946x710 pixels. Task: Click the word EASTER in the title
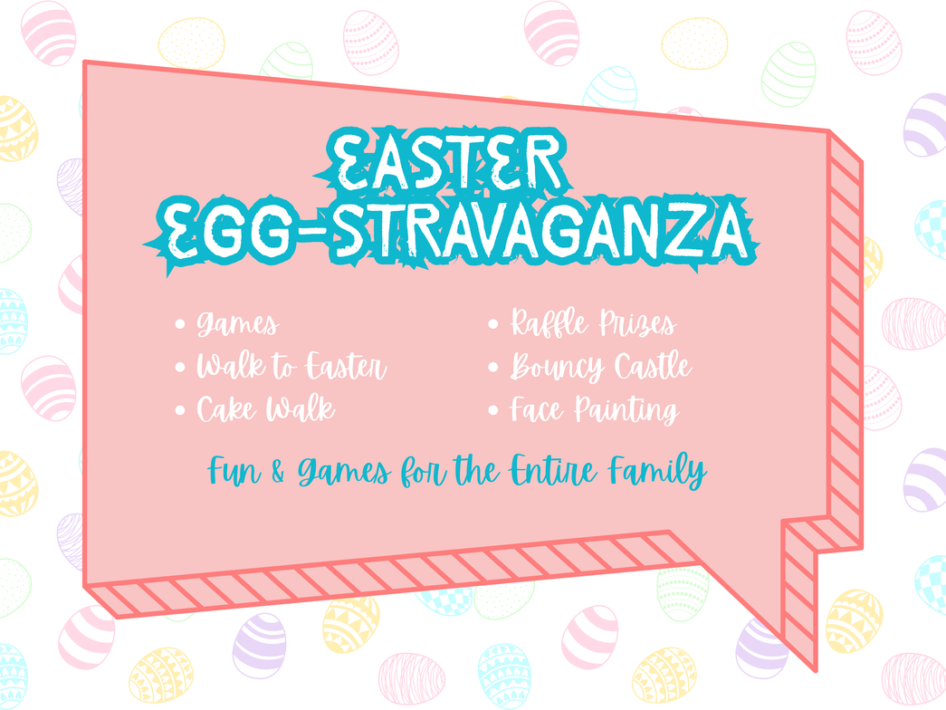(x=446, y=160)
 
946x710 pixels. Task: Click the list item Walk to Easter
(x=291, y=366)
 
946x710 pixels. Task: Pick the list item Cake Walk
(x=265, y=408)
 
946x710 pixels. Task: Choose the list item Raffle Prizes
(x=593, y=322)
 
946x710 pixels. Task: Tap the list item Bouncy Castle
(x=601, y=367)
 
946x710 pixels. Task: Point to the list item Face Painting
(x=595, y=410)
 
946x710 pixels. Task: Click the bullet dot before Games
(x=180, y=324)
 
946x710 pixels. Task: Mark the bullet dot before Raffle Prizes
(x=492, y=324)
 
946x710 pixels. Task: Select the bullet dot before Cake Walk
(x=180, y=410)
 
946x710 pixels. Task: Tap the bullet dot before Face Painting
(x=492, y=410)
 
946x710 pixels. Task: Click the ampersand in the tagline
(x=278, y=472)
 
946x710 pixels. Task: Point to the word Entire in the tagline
(x=554, y=470)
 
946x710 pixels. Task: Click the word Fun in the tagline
(x=234, y=471)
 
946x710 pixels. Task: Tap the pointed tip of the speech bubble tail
(x=816, y=671)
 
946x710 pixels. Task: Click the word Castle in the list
(x=654, y=366)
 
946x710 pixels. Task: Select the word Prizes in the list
(x=637, y=323)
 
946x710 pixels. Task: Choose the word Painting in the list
(x=626, y=411)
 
